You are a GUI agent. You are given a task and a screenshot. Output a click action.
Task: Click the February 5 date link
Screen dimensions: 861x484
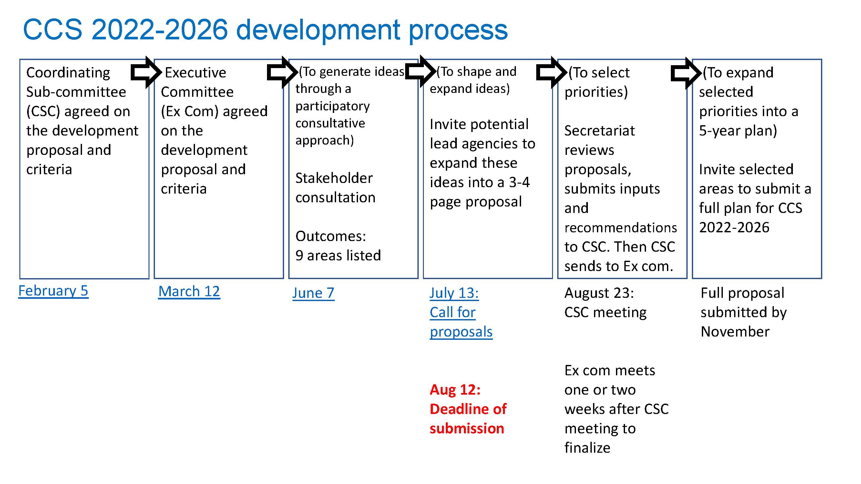pos(53,291)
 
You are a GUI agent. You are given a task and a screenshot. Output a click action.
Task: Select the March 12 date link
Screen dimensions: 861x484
pos(189,291)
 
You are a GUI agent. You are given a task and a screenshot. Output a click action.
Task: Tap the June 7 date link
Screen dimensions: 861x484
pos(313,293)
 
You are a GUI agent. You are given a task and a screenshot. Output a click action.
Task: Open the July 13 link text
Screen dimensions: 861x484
pos(454,293)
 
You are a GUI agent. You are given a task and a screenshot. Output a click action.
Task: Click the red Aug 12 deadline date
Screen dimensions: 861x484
pos(455,390)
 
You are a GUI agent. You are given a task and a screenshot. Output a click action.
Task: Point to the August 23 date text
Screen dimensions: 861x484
pos(599,293)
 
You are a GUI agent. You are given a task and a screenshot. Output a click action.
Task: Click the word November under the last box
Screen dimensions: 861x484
pos(735,332)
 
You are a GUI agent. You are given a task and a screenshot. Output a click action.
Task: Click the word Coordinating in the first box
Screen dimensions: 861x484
pos(68,73)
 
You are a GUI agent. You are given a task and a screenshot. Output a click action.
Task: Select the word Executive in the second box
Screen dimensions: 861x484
pos(196,73)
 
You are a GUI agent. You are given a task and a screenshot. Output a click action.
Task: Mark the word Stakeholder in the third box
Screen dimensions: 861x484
pos(334,178)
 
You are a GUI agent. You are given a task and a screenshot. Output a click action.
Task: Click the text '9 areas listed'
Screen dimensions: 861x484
pos(338,256)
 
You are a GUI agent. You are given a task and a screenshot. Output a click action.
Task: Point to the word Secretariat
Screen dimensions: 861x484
pos(600,131)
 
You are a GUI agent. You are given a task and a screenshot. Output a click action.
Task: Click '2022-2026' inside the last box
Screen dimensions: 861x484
pos(734,227)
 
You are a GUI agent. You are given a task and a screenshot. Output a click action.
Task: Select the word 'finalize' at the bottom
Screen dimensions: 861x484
pos(587,448)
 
